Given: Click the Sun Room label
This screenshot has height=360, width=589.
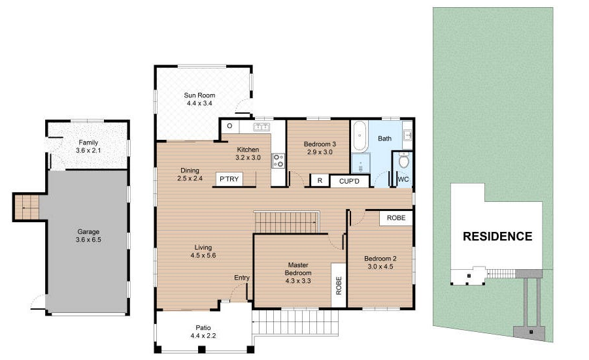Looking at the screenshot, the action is [x=199, y=95].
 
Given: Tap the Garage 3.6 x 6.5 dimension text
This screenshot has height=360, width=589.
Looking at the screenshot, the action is [x=88, y=240].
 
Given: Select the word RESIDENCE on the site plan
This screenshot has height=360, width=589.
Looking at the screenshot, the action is [x=497, y=236].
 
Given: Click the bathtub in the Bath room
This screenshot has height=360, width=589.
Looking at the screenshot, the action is [x=360, y=136].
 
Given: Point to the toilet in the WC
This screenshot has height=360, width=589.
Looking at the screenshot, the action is [x=404, y=161].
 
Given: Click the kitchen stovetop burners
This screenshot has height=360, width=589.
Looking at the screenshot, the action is [x=278, y=161].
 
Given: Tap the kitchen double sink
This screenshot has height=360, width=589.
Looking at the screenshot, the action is [x=261, y=127].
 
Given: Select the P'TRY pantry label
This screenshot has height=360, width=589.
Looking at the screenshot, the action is [x=229, y=179].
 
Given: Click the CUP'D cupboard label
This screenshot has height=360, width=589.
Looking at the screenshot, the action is [x=349, y=182].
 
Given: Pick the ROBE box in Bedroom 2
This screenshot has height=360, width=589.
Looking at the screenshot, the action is [x=396, y=218].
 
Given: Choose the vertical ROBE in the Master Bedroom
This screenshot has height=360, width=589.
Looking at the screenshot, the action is [x=339, y=286].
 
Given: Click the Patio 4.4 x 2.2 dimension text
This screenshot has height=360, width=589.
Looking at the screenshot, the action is [x=203, y=336].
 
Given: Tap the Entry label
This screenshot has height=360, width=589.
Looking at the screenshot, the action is [x=242, y=278].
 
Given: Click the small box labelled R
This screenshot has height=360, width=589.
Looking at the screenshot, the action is [x=320, y=180].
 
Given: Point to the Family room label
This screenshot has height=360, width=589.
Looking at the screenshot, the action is [x=88, y=142].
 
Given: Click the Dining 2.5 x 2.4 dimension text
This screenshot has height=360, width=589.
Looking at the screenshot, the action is [x=190, y=178].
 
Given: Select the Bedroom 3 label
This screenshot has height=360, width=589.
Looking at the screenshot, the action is [x=320, y=144].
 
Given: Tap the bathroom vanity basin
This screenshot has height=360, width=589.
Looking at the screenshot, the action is [x=407, y=134].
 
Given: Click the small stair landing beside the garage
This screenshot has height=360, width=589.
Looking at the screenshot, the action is [x=26, y=207].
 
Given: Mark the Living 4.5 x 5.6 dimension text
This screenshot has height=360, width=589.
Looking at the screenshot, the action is [x=203, y=255].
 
